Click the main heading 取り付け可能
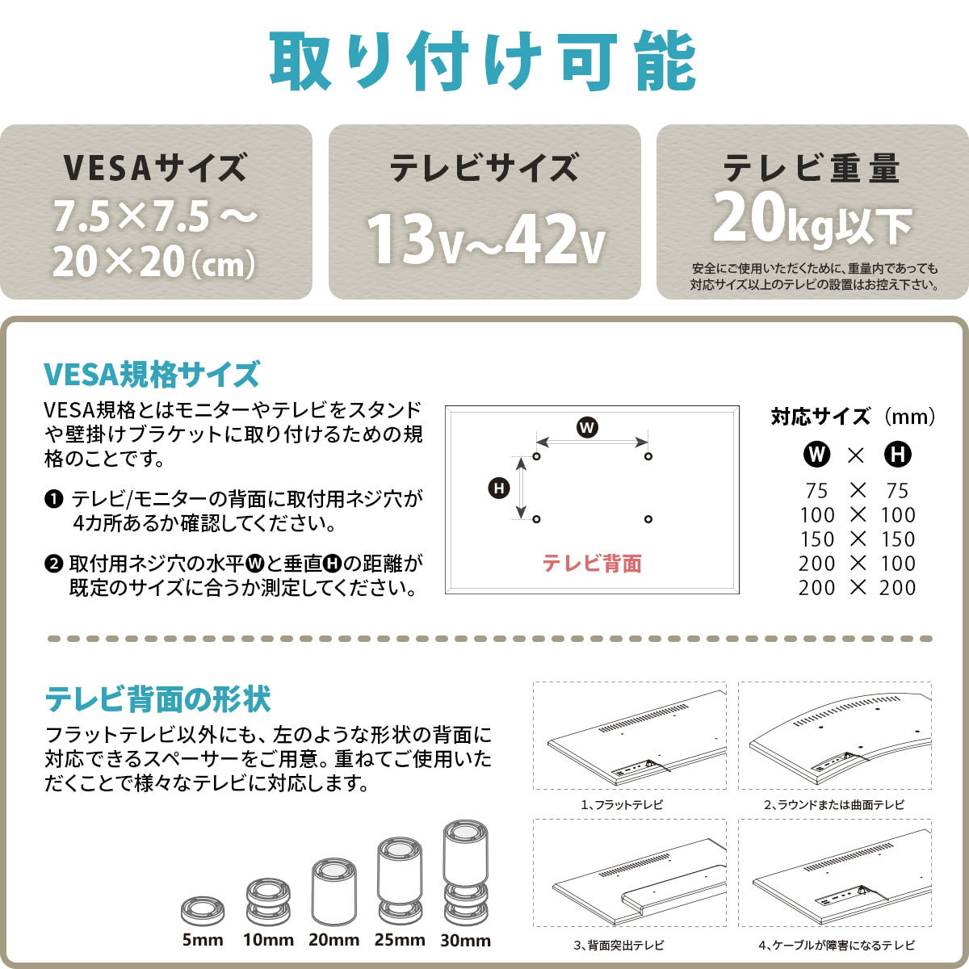(x=483, y=61)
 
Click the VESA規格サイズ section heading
(x=152, y=375)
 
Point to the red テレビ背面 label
(x=592, y=564)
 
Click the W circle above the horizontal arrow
(x=587, y=428)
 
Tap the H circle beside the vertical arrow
(x=499, y=488)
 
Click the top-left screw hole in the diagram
(x=536, y=456)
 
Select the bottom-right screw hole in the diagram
(x=648, y=519)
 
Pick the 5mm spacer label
(x=203, y=940)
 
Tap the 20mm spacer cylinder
(x=333, y=891)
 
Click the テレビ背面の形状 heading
(x=158, y=699)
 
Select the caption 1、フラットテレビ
(x=622, y=804)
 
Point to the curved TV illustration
(x=835, y=736)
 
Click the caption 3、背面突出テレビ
(x=619, y=946)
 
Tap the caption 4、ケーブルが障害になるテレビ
(x=837, y=946)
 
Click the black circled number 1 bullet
(x=54, y=499)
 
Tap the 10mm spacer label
(x=269, y=940)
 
